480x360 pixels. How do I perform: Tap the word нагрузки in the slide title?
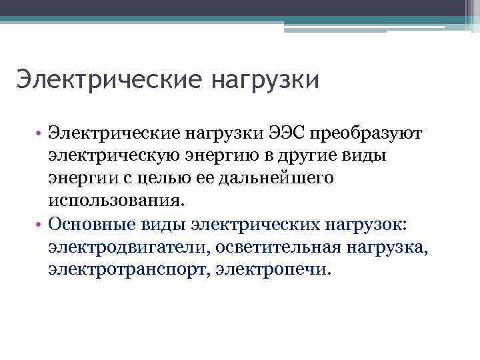coord(266,81)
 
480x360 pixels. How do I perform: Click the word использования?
coord(114,201)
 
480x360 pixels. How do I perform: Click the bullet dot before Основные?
coord(40,225)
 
